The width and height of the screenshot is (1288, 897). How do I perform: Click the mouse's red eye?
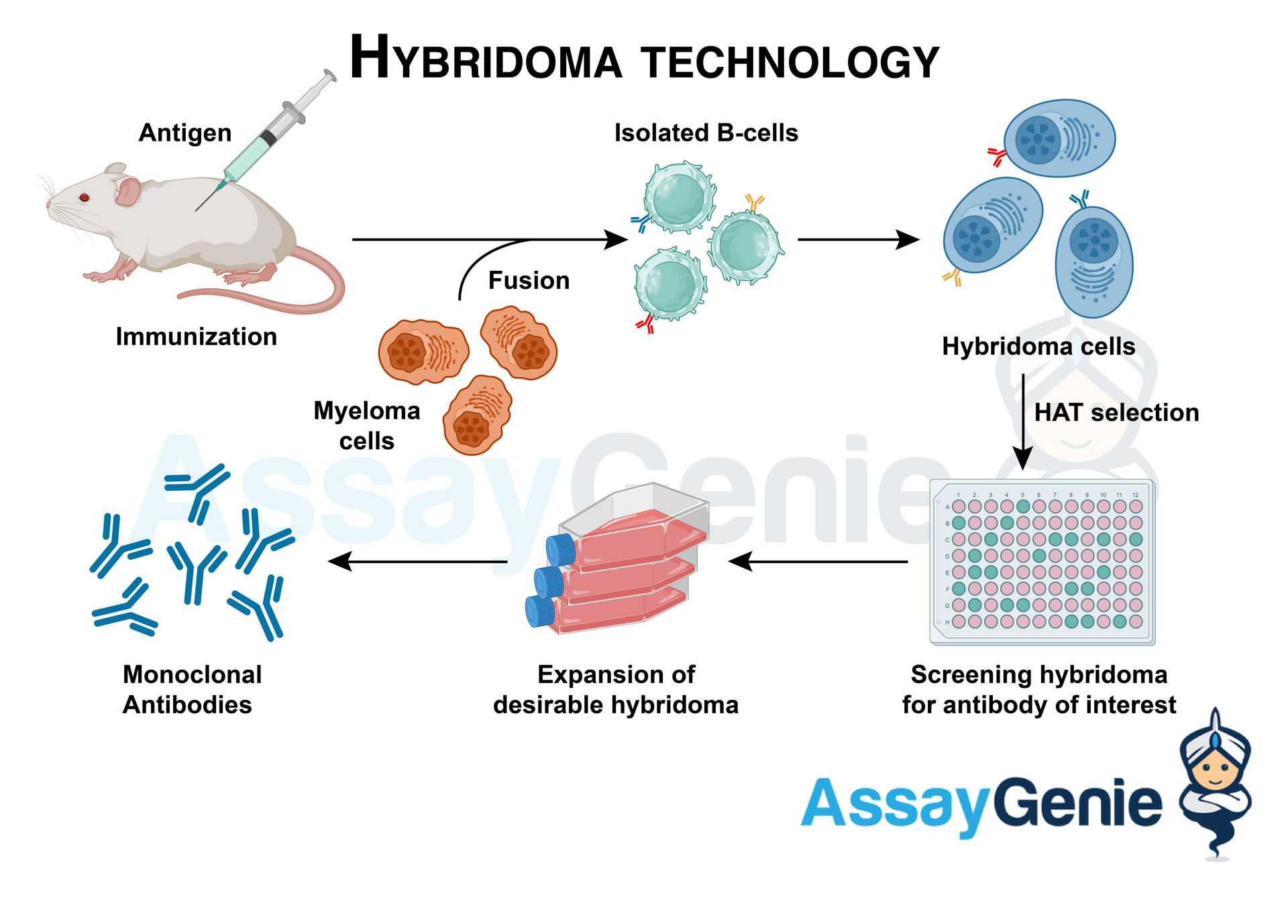pyautogui.click(x=85, y=197)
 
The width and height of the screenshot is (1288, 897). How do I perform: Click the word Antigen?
pyautogui.click(x=185, y=133)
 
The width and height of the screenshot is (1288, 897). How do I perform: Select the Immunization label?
pyautogui.click(x=196, y=337)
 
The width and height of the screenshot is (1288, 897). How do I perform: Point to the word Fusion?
pyautogui.click(x=529, y=280)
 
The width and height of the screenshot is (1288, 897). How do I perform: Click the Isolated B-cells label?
pyautogui.click(x=706, y=133)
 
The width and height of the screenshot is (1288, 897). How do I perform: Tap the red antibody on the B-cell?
pyautogui.click(x=645, y=324)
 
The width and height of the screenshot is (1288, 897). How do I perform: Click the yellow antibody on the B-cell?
pyautogui.click(x=755, y=202)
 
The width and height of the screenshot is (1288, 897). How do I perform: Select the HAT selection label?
pyautogui.click(x=1116, y=412)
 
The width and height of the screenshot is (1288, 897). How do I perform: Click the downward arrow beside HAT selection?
pyautogui.click(x=1022, y=422)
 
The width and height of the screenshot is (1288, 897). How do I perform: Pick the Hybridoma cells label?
pyautogui.click(x=1038, y=347)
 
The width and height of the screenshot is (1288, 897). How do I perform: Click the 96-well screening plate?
pyautogui.click(x=1042, y=562)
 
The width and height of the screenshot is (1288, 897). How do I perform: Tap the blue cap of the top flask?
pyautogui.click(x=561, y=550)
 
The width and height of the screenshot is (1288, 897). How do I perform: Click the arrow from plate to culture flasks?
pyautogui.click(x=818, y=562)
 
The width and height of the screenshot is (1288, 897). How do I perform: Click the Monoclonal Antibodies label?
pyautogui.click(x=191, y=689)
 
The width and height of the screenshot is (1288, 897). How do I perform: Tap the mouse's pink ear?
pyautogui.click(x=127, y=191)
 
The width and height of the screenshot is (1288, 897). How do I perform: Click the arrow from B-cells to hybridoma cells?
pyautogui.click(x=858, y=239)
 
